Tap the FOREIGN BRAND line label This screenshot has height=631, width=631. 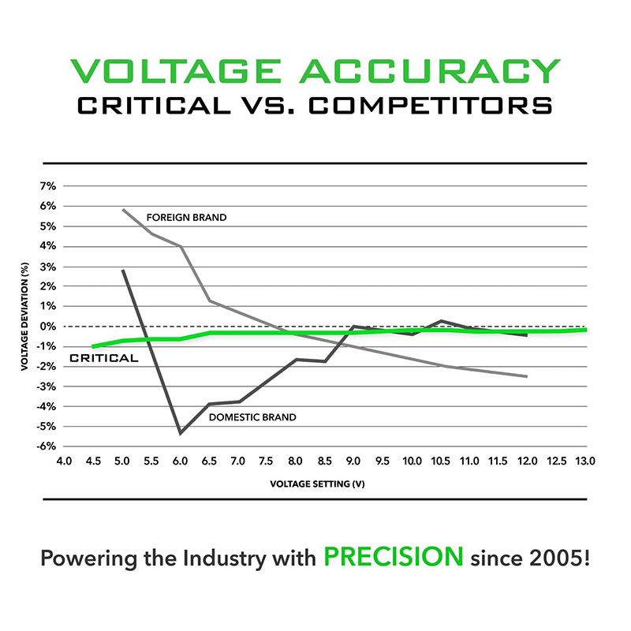pyautogui.click(x=186, y=217)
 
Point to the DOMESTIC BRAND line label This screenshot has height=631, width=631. pyautogui.click(x=252, y=416)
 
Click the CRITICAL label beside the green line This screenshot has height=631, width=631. pyautogui.click(x=104, y=358)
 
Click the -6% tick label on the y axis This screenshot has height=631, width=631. pyautogui.click(x=46, y=446)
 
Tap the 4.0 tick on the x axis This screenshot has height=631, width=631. pyautogui.click(x=64, y=460)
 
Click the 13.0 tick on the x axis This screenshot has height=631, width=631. pyautogui.click(x=584, y=460)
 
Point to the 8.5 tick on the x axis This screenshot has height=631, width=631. pyautogui.click(x=324, y=460)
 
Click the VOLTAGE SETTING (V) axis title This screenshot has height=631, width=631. pyautogui.click(x=324, y=484)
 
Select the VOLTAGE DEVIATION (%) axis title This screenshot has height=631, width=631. pyautogui.click(x=26, y=315)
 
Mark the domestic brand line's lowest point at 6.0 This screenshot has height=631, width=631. pyautogui.click(x=181, y=433)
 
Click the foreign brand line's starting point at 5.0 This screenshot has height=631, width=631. pyautogui.click(x=123, y=209)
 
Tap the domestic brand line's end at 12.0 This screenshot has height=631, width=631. pyautogui.click(x=526, y=334)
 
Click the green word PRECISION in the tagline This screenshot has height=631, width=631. pyautogui.click(x=394, y=556)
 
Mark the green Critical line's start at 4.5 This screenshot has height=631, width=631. pyautogui.click(x=94, y=346)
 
